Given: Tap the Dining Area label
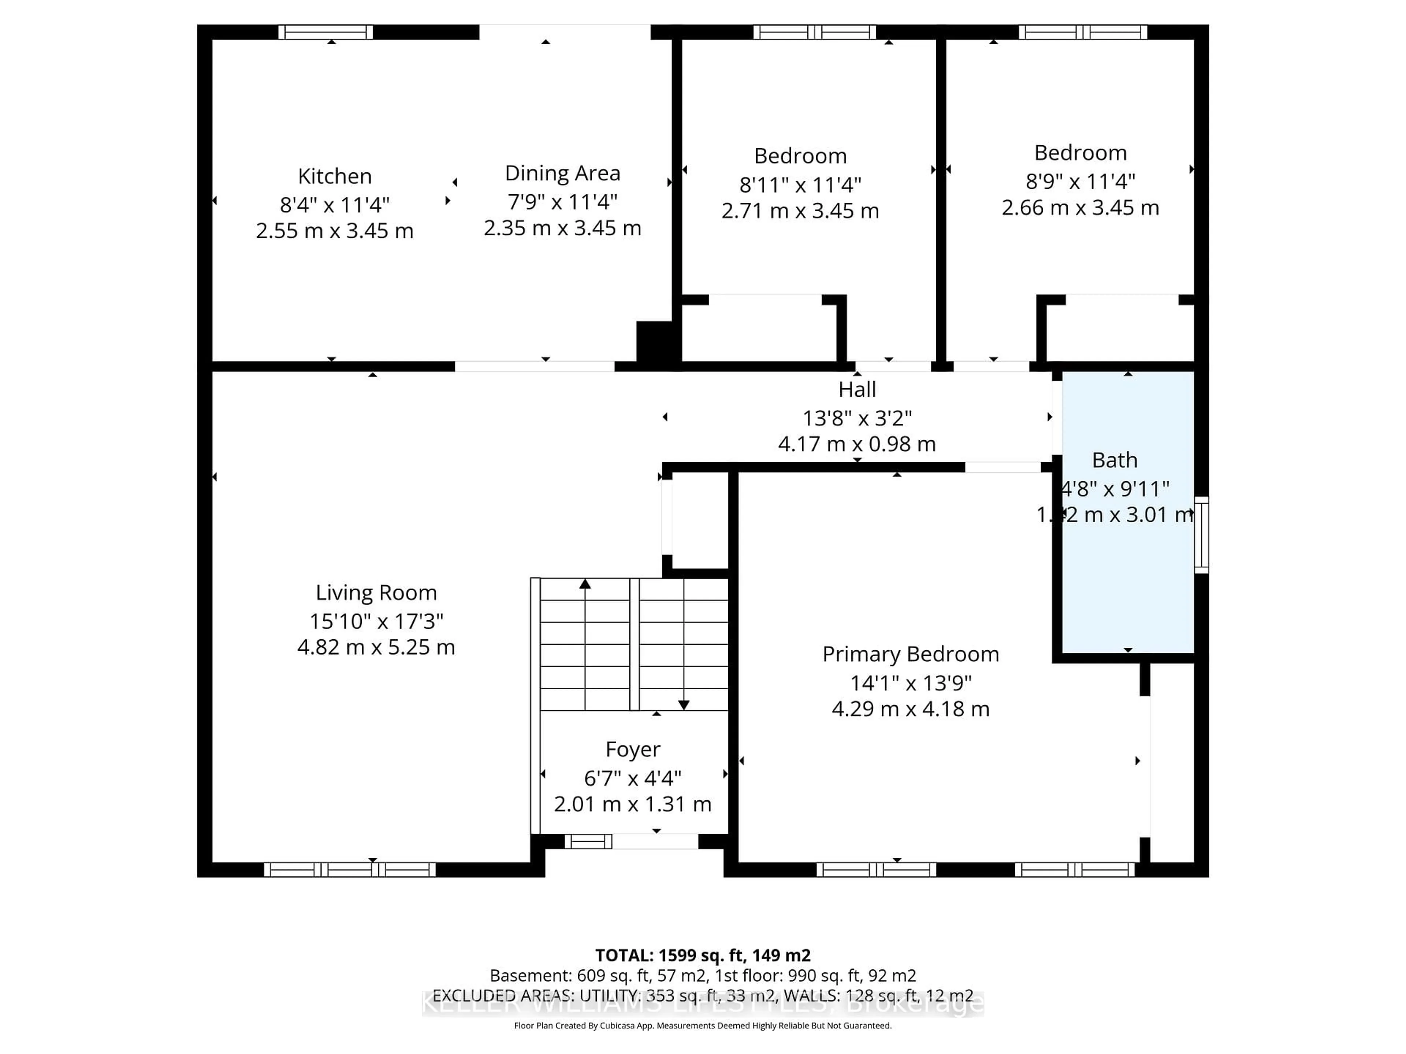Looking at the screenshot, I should pyautogui.click(x=562, y=173).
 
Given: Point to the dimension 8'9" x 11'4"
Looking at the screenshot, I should pyautogui.click(x=1080, y=182).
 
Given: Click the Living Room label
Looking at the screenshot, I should pyautogui.click(x=376, y=593).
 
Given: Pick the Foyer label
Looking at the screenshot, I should pyautogui.click(x=632, y=750).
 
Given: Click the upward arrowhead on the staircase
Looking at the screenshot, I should pyautogui.click(x=585, y=583).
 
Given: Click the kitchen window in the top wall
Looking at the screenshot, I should pyautogui.click(x=326, y=32).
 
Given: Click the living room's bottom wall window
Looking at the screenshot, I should pyautogui.click(x=350, y=870).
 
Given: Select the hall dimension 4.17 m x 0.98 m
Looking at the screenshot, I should pyautogui.click(x=857, y=444).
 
